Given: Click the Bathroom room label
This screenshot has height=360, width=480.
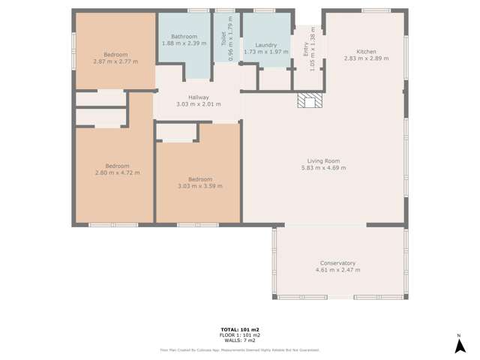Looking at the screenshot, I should coord(184,37).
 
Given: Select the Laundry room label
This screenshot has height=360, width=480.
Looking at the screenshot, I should coord(266,45).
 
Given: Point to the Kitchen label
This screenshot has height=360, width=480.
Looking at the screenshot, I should coord(366,52).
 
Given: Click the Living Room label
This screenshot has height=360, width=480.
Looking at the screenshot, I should coord(323,161).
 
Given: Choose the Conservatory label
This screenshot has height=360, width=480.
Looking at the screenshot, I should coord(337,263).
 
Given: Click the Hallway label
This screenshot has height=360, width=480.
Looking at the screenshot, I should coord(198,97).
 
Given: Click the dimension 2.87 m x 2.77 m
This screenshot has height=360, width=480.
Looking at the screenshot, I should coord(115,61).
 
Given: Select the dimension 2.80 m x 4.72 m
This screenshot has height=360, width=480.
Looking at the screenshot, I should coord(118,172).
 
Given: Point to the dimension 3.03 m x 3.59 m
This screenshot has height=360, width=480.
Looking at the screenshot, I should coord(200,186).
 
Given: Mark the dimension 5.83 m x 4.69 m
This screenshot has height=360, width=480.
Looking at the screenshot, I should coord(324,168).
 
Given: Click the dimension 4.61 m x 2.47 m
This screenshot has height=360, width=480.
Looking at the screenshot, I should coord(337,270).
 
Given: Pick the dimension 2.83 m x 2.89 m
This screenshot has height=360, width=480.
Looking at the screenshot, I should coord(366,58).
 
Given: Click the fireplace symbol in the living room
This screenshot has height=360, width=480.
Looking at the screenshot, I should coord(307,101).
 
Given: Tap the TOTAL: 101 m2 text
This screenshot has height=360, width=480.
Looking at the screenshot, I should coord(240,330).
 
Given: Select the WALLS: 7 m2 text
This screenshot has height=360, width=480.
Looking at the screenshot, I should coord(240,340).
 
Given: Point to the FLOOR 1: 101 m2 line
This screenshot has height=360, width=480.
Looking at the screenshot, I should coord(240,335).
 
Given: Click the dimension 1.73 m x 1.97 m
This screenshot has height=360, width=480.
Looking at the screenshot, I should coord(266,52).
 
